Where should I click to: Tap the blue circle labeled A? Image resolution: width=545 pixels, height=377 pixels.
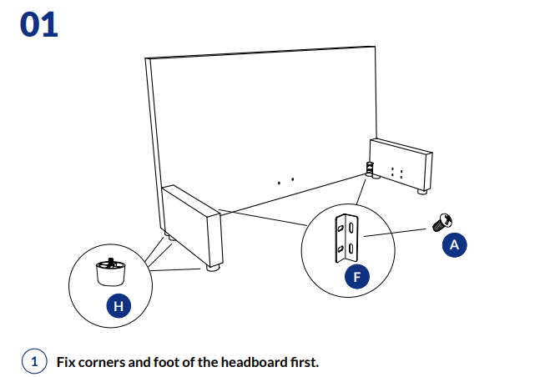click(x=454, y=245)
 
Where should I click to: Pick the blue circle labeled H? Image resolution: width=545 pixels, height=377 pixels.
click(x=119, y=306)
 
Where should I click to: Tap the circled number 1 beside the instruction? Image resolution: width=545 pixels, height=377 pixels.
click(x=34, y=362)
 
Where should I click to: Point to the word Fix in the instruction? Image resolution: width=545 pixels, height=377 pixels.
click(x=66, y=362)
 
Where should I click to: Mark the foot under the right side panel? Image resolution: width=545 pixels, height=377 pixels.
click(x=422, y=193)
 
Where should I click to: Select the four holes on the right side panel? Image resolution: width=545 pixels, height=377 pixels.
click(x=398, y=173)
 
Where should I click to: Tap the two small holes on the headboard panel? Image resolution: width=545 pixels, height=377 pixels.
click(x=285, y=179)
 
